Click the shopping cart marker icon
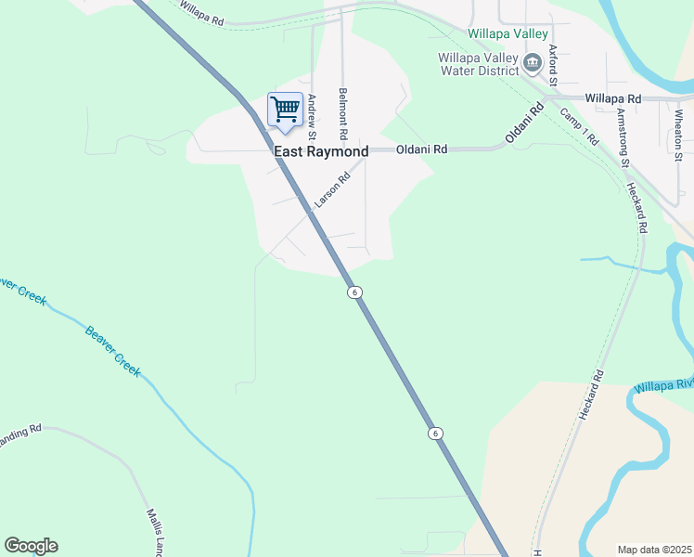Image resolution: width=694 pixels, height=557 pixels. pos(285,110)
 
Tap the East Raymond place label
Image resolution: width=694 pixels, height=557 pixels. pos(321,151)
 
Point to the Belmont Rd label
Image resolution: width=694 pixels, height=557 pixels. pos(343,107)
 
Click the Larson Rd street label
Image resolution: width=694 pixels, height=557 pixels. pos(332,189)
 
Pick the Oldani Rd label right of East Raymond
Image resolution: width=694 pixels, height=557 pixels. pos(422,149)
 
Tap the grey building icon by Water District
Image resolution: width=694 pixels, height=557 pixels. pos(533,63)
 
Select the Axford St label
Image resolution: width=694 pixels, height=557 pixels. pos(552,65)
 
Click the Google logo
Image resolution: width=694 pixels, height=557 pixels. pos(31,546)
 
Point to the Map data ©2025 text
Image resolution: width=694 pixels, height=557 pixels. pos(654,550)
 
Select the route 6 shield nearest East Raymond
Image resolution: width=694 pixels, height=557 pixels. pos(354,292)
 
